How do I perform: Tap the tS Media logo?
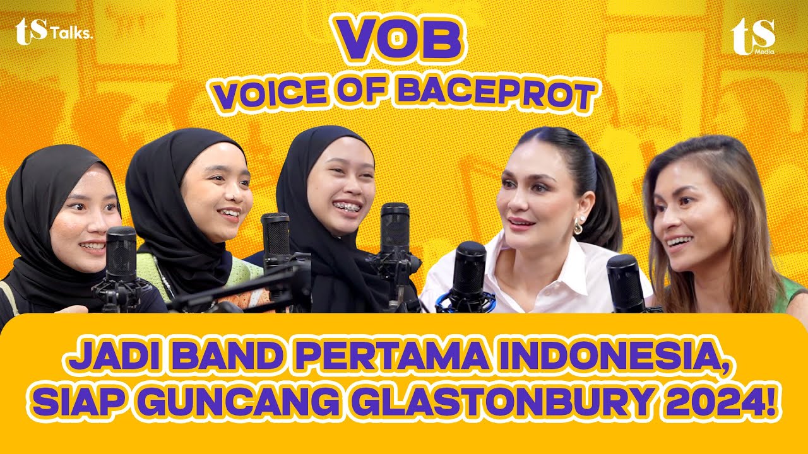[x=753, y=36]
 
